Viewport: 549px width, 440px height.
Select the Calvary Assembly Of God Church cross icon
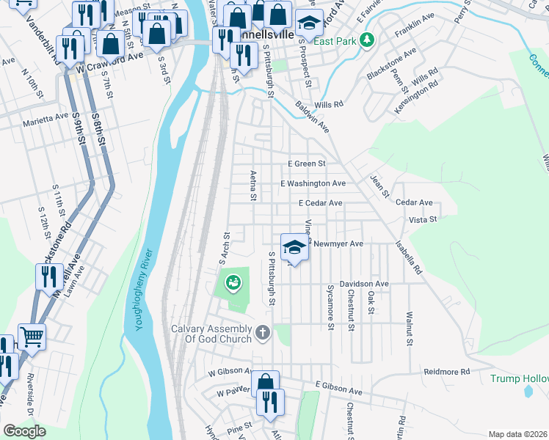[263, 334]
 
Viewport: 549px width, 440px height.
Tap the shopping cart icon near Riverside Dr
[32, 337]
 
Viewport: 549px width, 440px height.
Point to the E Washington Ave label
[313, 183]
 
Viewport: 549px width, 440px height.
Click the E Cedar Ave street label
[320, 203]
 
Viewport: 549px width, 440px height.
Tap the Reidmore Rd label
[446, 373]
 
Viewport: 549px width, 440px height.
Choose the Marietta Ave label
[45, 117]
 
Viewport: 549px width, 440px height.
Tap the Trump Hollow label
[519, 378]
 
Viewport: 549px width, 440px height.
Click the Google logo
[24, 431]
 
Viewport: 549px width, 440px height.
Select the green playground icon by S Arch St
[233, 281]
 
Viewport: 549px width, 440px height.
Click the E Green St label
[306, 164]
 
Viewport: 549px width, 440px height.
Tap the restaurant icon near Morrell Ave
[48, 276]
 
